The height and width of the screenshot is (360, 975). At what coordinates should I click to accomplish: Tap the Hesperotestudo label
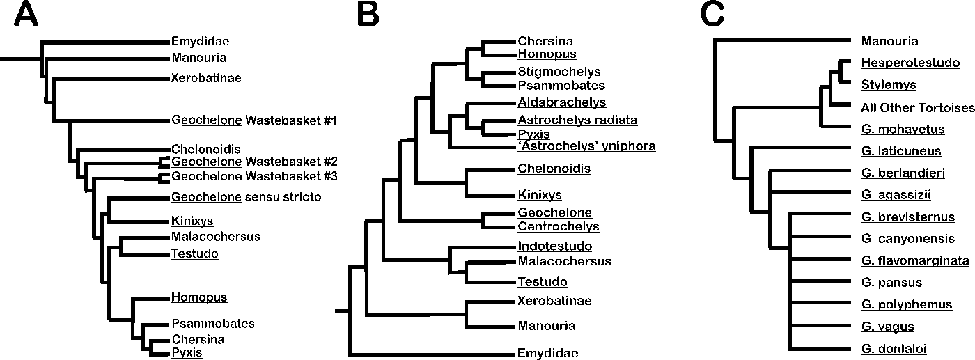coord(904,63)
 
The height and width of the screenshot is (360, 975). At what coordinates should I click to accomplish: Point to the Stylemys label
coord(888,85)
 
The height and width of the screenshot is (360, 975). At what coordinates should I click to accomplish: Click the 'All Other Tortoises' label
coord(916,107)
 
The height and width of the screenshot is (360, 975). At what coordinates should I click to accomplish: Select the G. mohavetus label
coord(903,129)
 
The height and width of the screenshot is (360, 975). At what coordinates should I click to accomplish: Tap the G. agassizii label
coord(896,195)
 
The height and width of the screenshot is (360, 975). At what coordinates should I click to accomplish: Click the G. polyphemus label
coord(906,305)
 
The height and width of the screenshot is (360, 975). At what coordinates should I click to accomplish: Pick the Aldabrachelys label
coord(561,103)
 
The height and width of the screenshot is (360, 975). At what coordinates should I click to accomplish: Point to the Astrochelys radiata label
coord(577,120)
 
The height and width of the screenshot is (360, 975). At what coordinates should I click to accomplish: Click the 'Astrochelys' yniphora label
coord(586,146)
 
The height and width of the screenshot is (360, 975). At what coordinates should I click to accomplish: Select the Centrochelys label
coord(558,226)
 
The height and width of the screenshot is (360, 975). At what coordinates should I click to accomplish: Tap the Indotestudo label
coord(554,246)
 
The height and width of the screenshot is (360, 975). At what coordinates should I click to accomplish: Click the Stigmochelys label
coord(559,72)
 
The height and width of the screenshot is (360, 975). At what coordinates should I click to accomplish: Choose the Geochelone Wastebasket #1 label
coord(253,120)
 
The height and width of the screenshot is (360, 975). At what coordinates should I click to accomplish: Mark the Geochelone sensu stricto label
coord(246,197)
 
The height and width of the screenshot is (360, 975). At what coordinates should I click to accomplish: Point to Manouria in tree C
coord(889,41)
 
